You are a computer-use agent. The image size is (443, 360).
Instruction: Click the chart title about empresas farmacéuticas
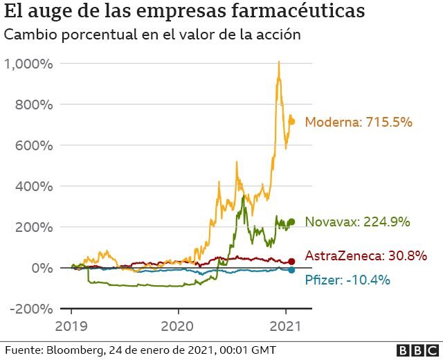183,12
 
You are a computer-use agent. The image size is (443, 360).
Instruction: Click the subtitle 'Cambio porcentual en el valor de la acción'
152,35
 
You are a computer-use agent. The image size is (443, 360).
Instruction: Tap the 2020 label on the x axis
179,325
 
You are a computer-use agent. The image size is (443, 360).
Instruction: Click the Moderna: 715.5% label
359,122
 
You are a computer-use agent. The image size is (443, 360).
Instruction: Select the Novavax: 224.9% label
357,222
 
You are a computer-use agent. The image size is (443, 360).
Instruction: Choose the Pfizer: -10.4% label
347,280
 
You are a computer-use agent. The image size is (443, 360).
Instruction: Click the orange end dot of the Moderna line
292,121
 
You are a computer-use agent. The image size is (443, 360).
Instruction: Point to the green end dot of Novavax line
291,222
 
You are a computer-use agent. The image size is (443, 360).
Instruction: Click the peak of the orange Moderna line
278,62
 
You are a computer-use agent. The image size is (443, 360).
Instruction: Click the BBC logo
417,350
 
